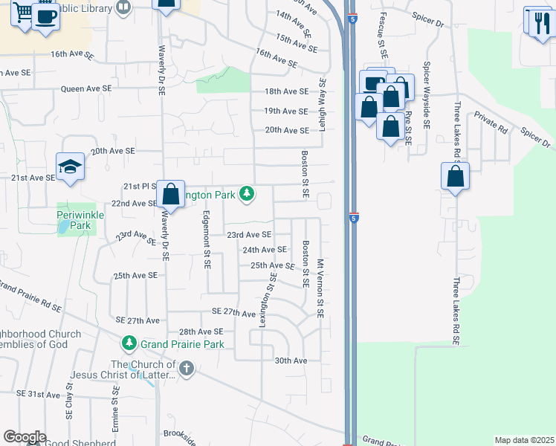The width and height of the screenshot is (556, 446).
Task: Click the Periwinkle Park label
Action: pyautogui.click(x=77, y=220)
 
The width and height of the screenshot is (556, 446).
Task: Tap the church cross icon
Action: pyautogui.click(x=186, y=368)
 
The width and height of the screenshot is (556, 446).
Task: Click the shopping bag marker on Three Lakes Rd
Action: pyautogui.click(x=455, y=178)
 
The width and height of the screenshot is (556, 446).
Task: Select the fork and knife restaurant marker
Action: pyautogui.click(x=537, y=22)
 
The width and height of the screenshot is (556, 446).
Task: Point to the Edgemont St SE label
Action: pyautogui.click(x=207, y=239)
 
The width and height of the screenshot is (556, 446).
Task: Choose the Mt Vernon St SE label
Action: pyautogui.click(x=320, y=288)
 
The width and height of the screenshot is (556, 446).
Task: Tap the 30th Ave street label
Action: pyautogui.click(x=291, y=361)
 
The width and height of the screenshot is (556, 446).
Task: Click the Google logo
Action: pyautogui.click(x=25, y=437)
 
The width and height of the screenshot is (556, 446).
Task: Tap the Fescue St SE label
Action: pyautogui.click(x=383, y=34)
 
